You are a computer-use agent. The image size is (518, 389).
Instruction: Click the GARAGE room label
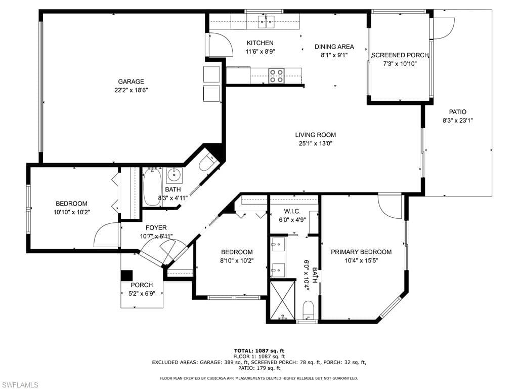pos(131,82)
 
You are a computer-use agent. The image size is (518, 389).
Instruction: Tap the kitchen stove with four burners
pos(276,76)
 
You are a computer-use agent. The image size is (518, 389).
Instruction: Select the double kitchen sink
pos(266,22)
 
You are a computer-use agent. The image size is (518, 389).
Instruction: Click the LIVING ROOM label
pos(316,135)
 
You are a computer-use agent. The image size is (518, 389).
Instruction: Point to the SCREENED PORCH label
pos(400,55)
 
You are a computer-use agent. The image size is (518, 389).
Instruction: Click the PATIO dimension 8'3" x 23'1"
pos(457,121)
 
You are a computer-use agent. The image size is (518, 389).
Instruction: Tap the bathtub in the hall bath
pos(152,187)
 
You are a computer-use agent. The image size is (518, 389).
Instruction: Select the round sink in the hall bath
pos(174,175)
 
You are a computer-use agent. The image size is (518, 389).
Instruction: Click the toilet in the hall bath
pos(207,162)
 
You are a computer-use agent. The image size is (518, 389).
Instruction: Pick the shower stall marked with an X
pos(283,300)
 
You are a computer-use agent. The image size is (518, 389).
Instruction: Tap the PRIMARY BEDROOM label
pos(361,252)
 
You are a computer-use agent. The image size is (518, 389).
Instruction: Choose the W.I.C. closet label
pos(292,211)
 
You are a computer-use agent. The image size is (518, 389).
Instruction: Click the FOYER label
pos(156,227)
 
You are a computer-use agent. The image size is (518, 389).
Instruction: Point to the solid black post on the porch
pos(126,276)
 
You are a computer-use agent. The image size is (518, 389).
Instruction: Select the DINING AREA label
pos(334,47)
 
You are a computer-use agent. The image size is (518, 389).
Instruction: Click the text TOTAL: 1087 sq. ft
pos(259,351)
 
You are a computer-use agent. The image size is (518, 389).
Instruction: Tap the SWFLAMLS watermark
pos(19,385)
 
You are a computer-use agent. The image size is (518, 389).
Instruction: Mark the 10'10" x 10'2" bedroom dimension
pos(72,212)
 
